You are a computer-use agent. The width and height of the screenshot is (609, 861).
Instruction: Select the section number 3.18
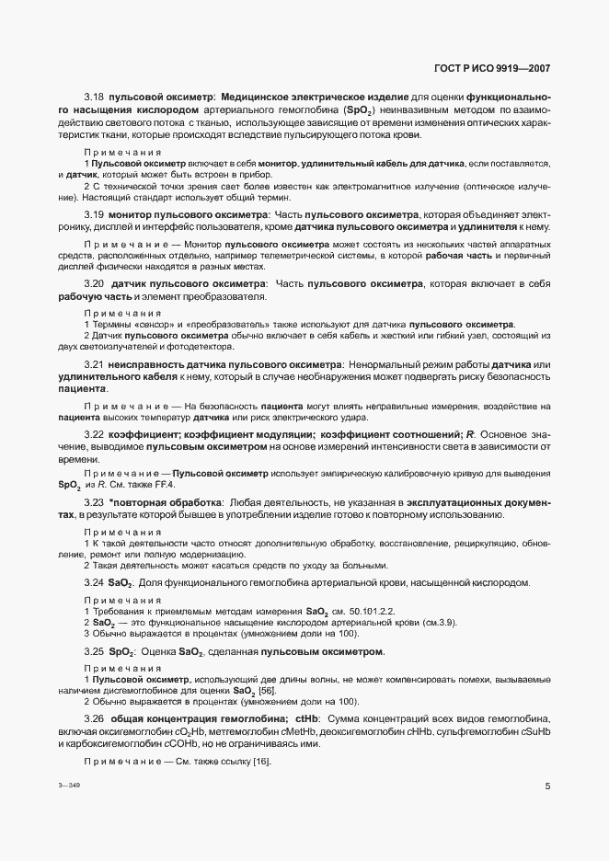click(x=94, y=96)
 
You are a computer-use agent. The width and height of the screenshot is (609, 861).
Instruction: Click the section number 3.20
click(x=94, y=284)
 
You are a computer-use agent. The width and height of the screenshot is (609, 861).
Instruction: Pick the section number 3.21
click(x=94, y=366)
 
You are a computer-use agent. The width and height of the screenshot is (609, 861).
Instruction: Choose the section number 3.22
click(x=94, y=433)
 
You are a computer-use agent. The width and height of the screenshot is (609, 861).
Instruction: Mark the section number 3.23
click(x=94, y=502)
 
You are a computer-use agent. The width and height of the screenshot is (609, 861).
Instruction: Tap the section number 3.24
click(x=94, y=583)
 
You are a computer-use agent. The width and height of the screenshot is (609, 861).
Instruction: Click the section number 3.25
click(x=94, y=651)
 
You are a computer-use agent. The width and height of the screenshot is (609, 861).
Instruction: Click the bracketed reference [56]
click(x=267, y=690)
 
